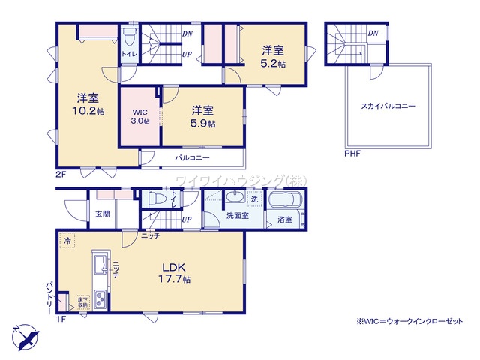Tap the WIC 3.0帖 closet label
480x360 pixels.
pos(140,117)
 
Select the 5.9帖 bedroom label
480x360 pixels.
pos(202,116)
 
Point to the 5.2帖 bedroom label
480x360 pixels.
pos(273,56)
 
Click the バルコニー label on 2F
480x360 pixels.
pos(192,159)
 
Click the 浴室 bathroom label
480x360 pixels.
pos(285,220)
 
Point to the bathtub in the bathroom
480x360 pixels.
pos(285,202)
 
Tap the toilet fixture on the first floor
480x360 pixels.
pos(157,199)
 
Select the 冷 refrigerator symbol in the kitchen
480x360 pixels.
pos(67,242)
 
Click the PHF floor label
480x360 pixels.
pos(352,154)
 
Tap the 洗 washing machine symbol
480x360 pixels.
pos(254,199)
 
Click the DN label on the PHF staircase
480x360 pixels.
pos(373,34)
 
